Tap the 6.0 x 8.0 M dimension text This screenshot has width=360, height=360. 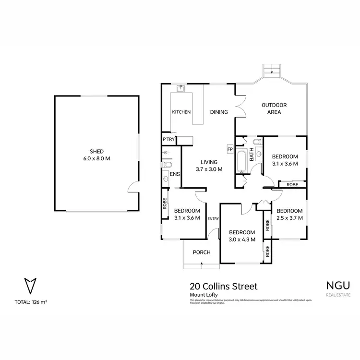coord(96,158)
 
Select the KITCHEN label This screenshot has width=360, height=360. coord(181,112)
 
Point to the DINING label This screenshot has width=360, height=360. coord(219,112)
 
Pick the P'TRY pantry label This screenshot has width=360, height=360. coord(168,139)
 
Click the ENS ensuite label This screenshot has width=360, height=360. coord(174,174)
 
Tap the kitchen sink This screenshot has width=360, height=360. coord(181,89)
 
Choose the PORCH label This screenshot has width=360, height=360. coord(201,252)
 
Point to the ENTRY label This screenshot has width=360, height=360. coord(213,219)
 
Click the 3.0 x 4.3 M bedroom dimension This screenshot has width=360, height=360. coord(241,239)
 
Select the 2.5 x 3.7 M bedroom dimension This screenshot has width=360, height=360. coord(289,217)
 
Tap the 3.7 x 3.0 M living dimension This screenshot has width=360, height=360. coord(210,169)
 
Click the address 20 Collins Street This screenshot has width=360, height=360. coord(224,286)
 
